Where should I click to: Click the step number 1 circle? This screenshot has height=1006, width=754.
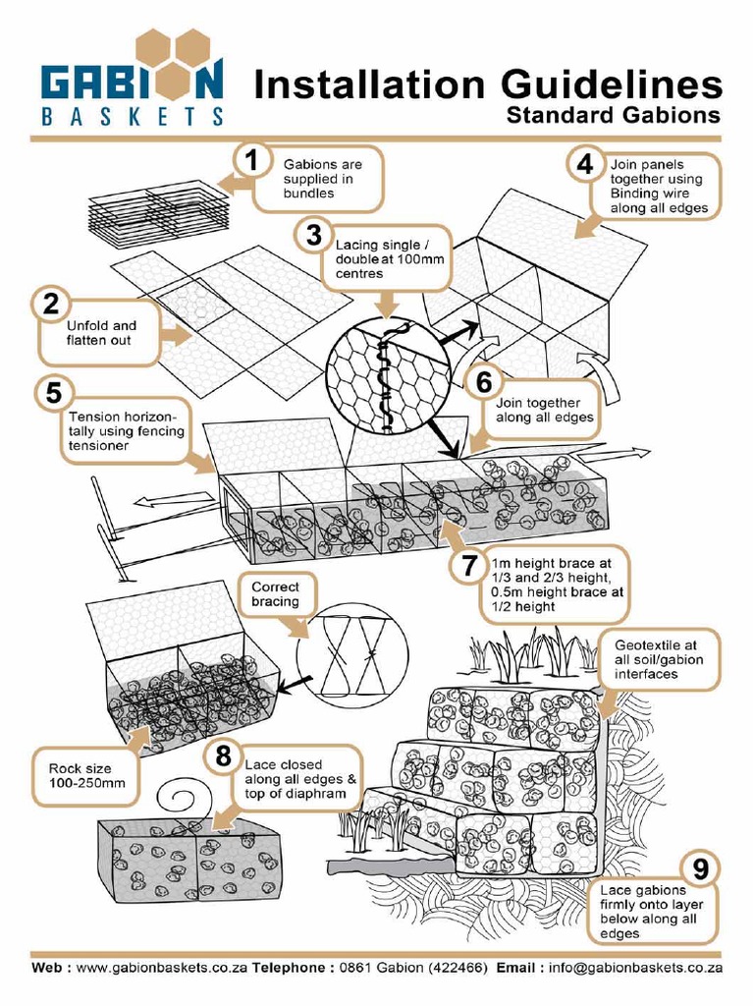click(252, 163)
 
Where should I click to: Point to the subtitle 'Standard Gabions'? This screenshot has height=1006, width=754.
click(613, 116)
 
